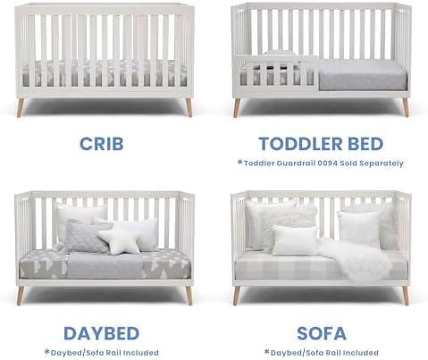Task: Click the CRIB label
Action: point(101,143)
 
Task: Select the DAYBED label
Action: point(101,333)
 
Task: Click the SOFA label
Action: point(321,333)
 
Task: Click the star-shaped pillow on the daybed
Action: point(120,239)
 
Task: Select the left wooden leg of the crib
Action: point(20,106)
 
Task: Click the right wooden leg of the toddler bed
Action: point(405,106)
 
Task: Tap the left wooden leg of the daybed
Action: point(20,295)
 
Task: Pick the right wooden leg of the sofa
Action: point(405,295)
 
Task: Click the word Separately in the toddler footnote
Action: point(376,163)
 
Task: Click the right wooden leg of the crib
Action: point(189,106)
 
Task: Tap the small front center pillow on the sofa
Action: point(294,240)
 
